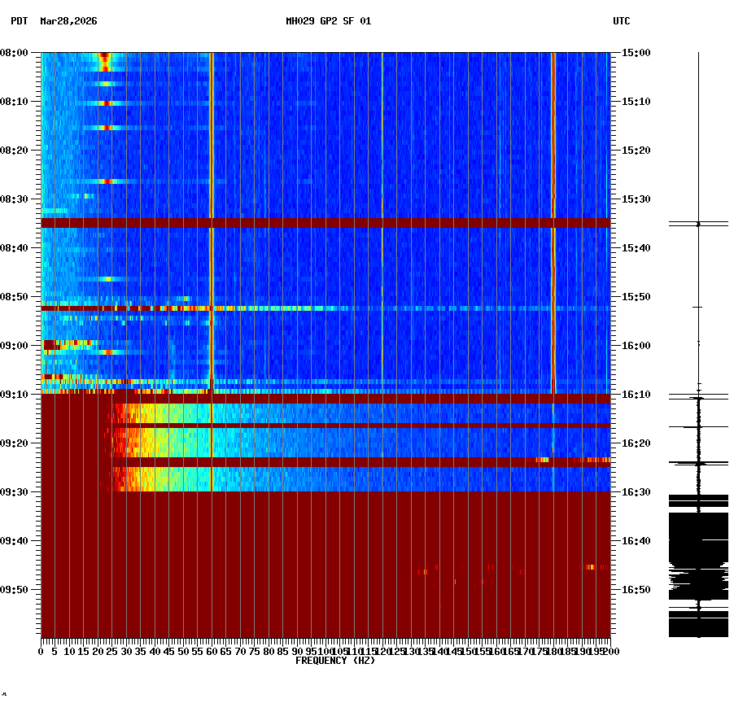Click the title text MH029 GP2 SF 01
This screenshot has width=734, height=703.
[x=328, y=21]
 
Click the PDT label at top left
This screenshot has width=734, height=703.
[x=19, y=21]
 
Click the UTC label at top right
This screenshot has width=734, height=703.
[x=621, y=21]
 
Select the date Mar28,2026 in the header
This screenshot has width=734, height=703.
[x=68, y=21]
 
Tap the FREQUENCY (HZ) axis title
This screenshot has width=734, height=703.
[x=335, y=661]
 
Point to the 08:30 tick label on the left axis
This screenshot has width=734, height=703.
[x=15, y=199]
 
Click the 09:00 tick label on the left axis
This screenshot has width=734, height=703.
[x=15, y=346]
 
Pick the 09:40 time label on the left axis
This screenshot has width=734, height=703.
[x=15, y=541]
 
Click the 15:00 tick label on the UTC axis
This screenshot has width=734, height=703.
[x=635, y=53]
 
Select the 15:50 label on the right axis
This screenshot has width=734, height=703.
[x=635, y=297]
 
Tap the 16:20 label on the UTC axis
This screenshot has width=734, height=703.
[x=635, y=443]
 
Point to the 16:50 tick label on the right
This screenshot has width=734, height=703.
[x=635, y=590]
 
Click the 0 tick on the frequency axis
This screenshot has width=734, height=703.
[x=42, y=652]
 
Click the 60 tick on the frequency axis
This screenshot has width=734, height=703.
[x=212, y=652]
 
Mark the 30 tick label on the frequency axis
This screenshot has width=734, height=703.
[x=126, y=652]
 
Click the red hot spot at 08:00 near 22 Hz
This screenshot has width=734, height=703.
[x=104, y=59]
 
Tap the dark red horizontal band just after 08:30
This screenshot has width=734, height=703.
[x=325, y=222]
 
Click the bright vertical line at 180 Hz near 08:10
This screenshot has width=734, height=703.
[x=553, y=102]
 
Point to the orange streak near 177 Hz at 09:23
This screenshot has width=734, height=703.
[x=542, y=461]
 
